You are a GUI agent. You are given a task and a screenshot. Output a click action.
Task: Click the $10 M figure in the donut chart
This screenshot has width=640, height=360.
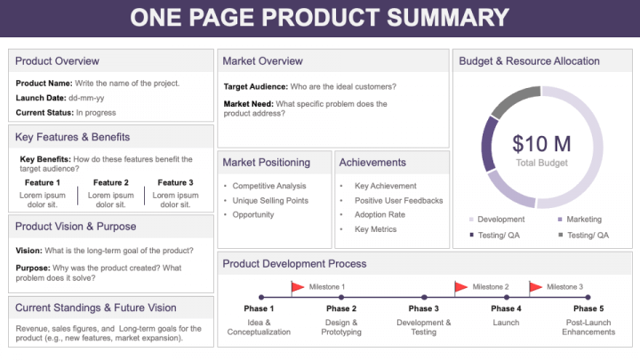541,144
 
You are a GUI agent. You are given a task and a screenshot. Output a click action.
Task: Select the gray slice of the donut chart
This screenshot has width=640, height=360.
513,100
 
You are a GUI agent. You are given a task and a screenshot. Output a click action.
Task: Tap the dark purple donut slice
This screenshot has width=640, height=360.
488,144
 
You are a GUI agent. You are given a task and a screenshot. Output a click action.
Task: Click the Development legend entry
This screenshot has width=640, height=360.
497,220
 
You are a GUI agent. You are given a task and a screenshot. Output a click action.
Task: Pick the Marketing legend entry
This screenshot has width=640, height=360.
580,220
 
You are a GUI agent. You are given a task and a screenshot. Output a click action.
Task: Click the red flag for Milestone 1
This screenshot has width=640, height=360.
297,287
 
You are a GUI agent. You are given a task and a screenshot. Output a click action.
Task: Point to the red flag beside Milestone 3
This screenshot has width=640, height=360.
535,287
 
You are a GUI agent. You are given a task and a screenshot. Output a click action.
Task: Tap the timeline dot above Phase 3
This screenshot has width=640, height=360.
424,297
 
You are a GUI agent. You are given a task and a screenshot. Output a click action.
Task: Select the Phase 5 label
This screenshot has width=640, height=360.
588,308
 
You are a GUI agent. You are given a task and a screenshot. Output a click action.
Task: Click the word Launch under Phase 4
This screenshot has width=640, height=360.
506,323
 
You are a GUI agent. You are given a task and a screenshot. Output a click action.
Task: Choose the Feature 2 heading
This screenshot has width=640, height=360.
110,182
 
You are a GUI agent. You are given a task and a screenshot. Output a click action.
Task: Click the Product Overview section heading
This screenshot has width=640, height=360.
57,60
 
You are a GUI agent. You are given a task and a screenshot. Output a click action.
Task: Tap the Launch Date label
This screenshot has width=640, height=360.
41,98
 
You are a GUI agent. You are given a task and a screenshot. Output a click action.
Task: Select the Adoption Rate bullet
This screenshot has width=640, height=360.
380,215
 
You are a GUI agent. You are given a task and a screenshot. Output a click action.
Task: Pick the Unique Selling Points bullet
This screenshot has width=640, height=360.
270,200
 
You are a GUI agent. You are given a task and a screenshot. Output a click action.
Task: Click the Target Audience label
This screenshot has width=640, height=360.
256,86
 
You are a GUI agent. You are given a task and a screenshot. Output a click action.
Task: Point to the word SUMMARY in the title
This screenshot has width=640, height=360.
448,17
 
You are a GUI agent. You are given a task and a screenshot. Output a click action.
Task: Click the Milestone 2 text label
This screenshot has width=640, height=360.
490,287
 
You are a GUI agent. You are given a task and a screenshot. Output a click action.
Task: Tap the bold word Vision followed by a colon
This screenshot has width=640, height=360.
29,251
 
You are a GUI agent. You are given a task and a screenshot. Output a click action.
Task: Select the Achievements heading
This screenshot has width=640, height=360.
372,163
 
